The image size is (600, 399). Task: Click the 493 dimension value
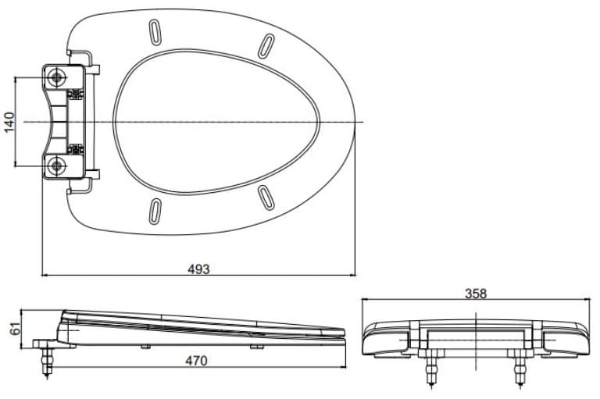pyautogui.click(x=198, y=269)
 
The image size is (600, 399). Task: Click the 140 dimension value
pyautogui.click(x=10, y=123)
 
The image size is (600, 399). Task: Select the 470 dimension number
pyautogui.click(x=198, y=361)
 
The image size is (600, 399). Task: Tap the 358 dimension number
pyautogui.click(x=475, y=294)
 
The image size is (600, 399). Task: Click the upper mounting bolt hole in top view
pyautogui.click(x=57, y=77)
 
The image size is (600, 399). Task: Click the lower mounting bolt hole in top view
pyautogui.click(x=57, y=166)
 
